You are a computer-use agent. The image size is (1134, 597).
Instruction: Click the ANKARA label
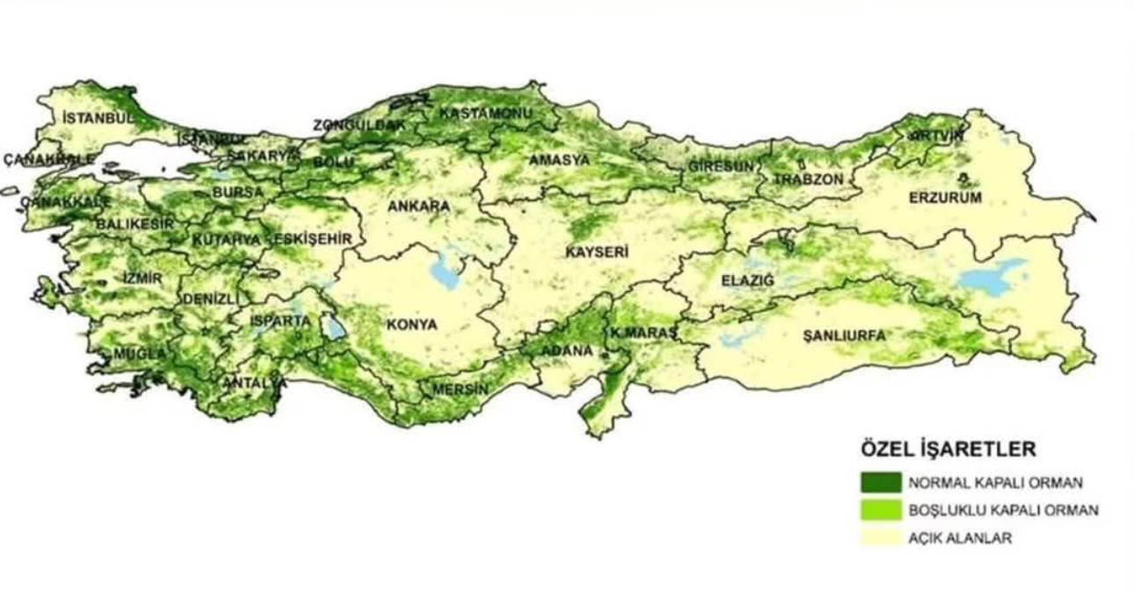[x=418, y=207]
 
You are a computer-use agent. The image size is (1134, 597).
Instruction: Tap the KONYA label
[x=411, y=324]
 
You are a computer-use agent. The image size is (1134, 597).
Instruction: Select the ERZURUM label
[x=945, y=198]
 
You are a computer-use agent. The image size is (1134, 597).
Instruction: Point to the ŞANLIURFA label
[x=844, y=335]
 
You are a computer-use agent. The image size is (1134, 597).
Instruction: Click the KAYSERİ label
[x=597, y=252]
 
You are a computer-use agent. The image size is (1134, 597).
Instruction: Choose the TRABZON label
[x=809, y=179]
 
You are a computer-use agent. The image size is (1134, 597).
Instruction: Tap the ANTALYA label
[x=254, y=383]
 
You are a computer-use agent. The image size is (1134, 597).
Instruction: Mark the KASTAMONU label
[x=486, y=113]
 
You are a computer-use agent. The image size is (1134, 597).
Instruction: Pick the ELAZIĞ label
[x=748, y=280]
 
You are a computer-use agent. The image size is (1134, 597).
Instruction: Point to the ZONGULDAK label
[x=360, y=126]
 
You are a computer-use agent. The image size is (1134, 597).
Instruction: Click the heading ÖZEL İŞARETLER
[x=948, y=449]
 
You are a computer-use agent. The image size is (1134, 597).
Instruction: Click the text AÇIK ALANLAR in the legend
[x=959, y=538]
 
